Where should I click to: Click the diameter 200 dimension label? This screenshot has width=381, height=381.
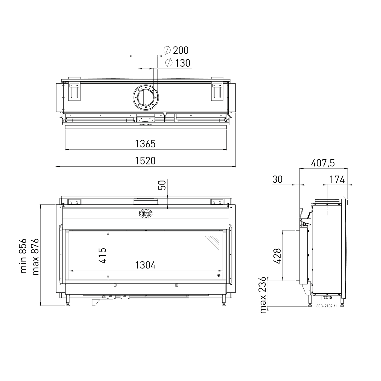click(177, 50)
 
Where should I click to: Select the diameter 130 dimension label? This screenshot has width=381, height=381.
click(178, 63)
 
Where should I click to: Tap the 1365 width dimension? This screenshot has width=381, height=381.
click(145, 144)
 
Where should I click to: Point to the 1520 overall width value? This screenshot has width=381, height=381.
click(145, 161)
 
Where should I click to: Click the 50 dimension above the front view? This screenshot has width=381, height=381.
click(162, 185)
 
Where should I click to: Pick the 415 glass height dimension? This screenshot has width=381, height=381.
click(103, 255)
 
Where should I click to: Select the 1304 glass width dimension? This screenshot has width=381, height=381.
click(145, 265)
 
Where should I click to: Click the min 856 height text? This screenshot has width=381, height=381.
click(24, 256)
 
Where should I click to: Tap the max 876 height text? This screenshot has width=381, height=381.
click(35, 257)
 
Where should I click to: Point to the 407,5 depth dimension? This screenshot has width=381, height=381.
click(323, 163)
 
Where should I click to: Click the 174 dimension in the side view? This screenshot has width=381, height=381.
click(337, 179)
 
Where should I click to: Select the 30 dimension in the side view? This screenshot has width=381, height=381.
click(277, 179)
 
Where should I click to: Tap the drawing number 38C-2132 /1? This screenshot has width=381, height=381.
click(326, 306)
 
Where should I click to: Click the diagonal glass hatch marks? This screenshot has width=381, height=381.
click(213, 242)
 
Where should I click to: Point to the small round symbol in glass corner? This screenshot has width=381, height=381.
click(219, 276)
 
